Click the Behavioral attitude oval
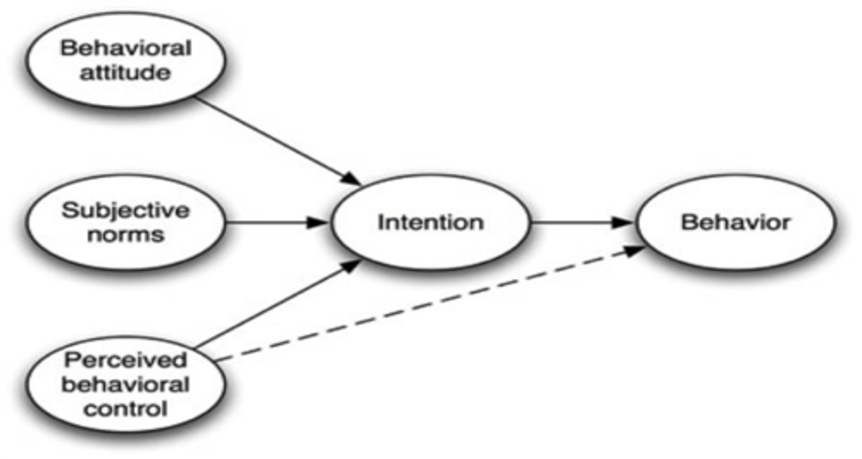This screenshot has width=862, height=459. click(x=125, y=60)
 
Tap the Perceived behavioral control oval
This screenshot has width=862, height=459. click(x=125, y=384)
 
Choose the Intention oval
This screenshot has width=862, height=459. click(x=430, y=222)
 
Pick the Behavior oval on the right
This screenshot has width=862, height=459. click(x=735, y=222)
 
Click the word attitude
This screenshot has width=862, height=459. click(x=125, y=73)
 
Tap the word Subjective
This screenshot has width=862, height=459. click(x=125, y=210)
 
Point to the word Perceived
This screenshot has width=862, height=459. click(x=125, y=360)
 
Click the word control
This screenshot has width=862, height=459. click(x=125, y=409)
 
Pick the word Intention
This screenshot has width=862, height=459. click(x=430, y=222)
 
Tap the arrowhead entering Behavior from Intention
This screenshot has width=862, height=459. click(x=625, y=222)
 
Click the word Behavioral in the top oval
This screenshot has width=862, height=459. click(x=125, y=48)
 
